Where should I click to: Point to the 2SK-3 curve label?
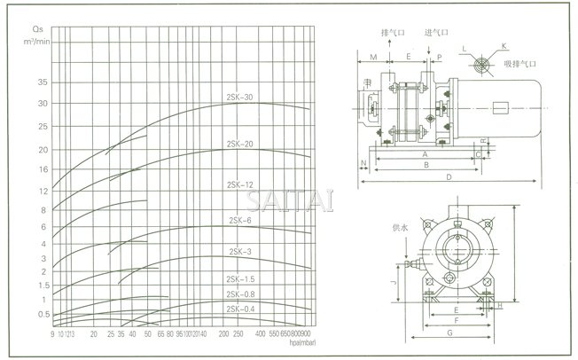[x=240, y=252]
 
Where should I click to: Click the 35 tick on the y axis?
[x=42, y=82]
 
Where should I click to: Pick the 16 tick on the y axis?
[x=42, y=168]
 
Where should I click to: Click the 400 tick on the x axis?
[x=260, y=334]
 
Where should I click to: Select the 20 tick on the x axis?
[x=95, y=334]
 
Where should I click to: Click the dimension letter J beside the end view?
[x=391, y=283]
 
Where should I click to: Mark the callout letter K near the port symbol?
[x=504, y=43]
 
